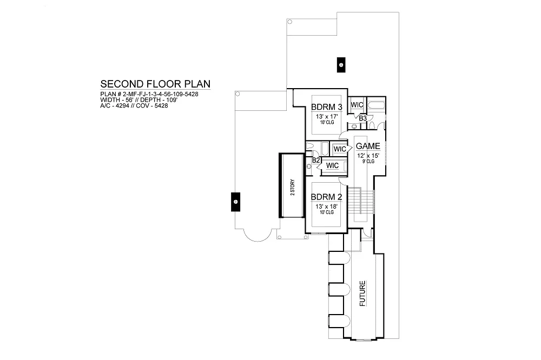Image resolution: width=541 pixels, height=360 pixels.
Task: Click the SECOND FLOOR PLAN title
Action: (155, 84)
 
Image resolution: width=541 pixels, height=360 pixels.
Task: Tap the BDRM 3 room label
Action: (326, 107)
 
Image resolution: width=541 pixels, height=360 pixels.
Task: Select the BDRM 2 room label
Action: (326, 197)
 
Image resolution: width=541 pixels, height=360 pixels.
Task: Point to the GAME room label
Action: (368, 146)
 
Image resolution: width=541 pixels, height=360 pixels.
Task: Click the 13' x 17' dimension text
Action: (326, 117)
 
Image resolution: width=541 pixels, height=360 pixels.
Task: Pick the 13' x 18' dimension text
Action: (326, 206)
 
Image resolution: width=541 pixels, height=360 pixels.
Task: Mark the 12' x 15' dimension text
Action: (368, 156)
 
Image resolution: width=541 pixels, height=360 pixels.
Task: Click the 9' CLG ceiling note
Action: (368, 162)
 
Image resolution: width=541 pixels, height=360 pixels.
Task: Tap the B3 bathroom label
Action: (362, 118)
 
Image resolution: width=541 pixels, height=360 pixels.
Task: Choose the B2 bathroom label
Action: (316, 161)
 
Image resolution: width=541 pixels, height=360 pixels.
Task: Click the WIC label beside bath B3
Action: (357, 105)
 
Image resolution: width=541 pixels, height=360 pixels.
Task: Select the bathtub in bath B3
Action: (376, 105)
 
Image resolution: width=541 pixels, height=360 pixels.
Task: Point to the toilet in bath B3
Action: (372, 124)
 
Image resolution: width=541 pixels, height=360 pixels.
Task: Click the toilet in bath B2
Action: (309, 146)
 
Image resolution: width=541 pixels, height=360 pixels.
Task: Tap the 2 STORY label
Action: (293, 187)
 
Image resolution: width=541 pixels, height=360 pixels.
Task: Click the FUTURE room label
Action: (362, 294)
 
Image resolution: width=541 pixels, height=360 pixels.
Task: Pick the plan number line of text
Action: (149, 94)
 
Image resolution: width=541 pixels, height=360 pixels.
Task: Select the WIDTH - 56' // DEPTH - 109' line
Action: (138, 100)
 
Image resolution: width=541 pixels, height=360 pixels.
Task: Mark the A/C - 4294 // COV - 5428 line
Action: (134, 105)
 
